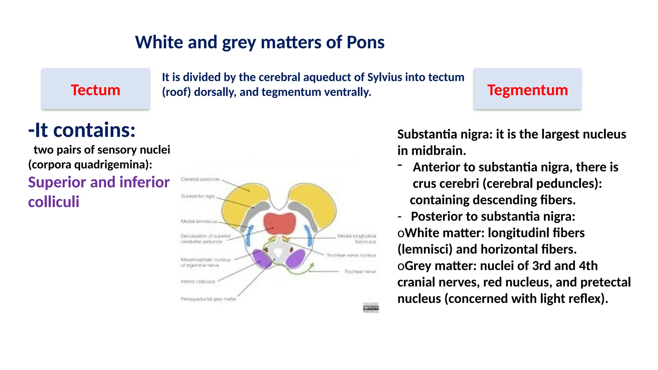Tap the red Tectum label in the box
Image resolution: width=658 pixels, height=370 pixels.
pos(95,90)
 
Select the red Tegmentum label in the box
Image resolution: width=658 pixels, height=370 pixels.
pos(528,90)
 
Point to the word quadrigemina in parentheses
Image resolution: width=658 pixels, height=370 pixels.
pos(111,165)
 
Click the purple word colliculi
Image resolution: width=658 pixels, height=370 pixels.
pos(54,202)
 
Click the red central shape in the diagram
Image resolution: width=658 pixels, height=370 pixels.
pos(280,223)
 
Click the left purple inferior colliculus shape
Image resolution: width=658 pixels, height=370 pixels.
pos(262,259)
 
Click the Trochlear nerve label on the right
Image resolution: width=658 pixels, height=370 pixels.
pos(360,272)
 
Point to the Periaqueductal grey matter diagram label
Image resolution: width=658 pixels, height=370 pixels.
pos(208,299)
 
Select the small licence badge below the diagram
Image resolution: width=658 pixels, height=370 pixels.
pos(371,308)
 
